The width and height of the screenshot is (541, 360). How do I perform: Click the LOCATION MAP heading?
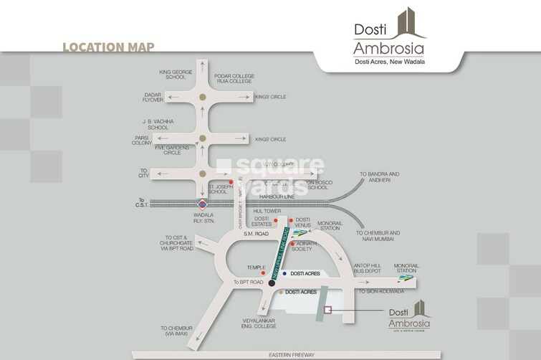click(108, 48)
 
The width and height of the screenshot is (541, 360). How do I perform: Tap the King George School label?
click(172, 74)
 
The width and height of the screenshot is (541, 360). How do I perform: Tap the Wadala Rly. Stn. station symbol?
click(204, 203)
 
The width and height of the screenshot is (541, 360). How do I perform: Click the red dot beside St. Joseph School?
click(231, 182)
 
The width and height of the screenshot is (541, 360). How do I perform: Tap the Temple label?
click(257, 267)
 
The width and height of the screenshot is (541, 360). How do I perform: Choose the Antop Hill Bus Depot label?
click(370, 270)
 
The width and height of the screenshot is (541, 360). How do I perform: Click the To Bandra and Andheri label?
click(379, 177)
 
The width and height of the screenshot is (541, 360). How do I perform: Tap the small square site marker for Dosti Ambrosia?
click(327, 310)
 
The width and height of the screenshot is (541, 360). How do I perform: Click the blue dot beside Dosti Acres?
click(284, 274)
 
